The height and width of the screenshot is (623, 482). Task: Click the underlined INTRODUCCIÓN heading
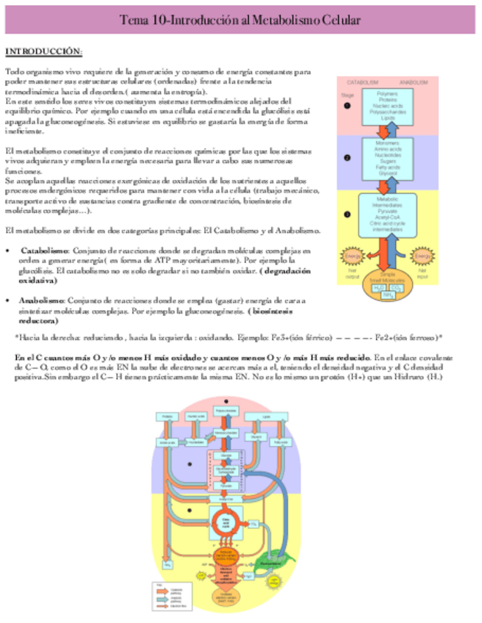pos(43,51)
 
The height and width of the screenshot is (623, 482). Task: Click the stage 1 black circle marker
pos(347,106)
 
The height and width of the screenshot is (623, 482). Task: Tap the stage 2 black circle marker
pos(347,158)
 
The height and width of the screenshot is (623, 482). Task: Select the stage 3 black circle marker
pos(347,214)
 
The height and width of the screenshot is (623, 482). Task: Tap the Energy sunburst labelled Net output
pos(351,256)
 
